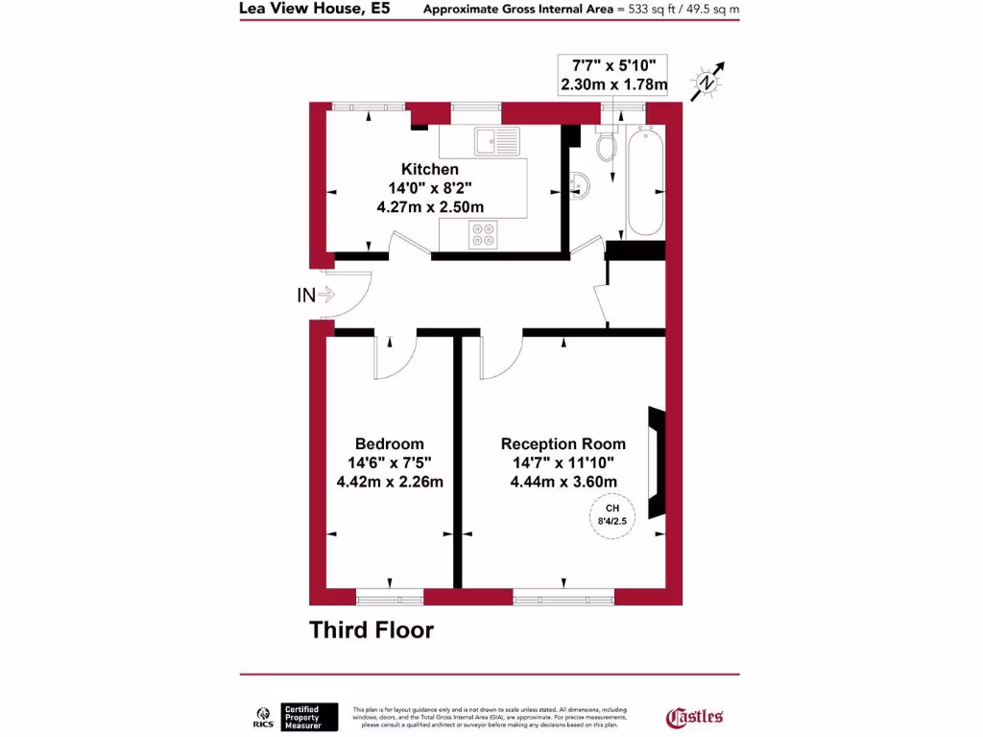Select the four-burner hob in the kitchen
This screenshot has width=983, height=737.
pyautogui.click(x=483, y=234)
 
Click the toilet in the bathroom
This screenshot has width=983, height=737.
pyautogui.click(x=607, y=144)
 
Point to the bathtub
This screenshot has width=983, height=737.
pyautogui.click(x=644, y=182)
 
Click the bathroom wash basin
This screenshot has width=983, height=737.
pyautogui.click(x=577, y=182)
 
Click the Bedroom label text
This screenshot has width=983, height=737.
pyautogui.click(x=389, y=444)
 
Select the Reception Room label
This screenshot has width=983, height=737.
pyautogui.click(x=563, y=444)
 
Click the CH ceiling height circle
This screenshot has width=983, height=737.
pyautogui.click(x=611, y=516)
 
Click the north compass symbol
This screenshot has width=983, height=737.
pyautogui.click(x=708, y=82)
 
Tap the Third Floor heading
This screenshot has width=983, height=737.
pyautogui.click(x=371, y=630)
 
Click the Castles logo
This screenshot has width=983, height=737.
pyautogui.click(x=694, y=716)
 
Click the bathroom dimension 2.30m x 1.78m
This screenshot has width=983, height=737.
pyautogui.click(x=614, y=84)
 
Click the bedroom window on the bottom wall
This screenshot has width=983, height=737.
pyautogui.click(x=390, y=597)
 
